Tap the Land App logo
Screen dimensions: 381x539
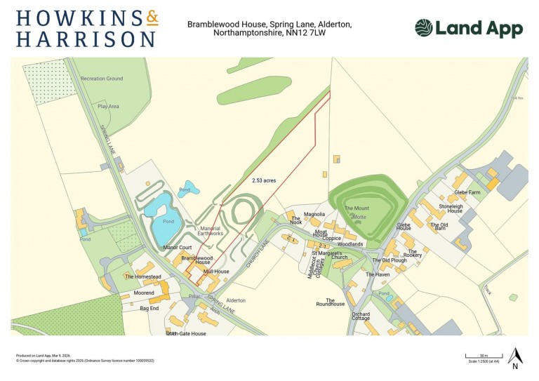coord(468,28)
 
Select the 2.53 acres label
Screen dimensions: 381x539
coord(264,180)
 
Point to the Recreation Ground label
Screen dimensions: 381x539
coord(101,79)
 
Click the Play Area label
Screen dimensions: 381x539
coord(108,107)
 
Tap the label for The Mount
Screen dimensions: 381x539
coord(356,208)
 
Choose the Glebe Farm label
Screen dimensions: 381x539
coord(467,192)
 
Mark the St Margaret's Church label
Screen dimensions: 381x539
coord(330,255)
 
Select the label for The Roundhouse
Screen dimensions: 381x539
coord(330,302)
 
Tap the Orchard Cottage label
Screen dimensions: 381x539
coord(361,316)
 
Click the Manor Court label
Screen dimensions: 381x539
coord(177,248)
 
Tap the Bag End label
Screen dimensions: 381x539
coord(149,308)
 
